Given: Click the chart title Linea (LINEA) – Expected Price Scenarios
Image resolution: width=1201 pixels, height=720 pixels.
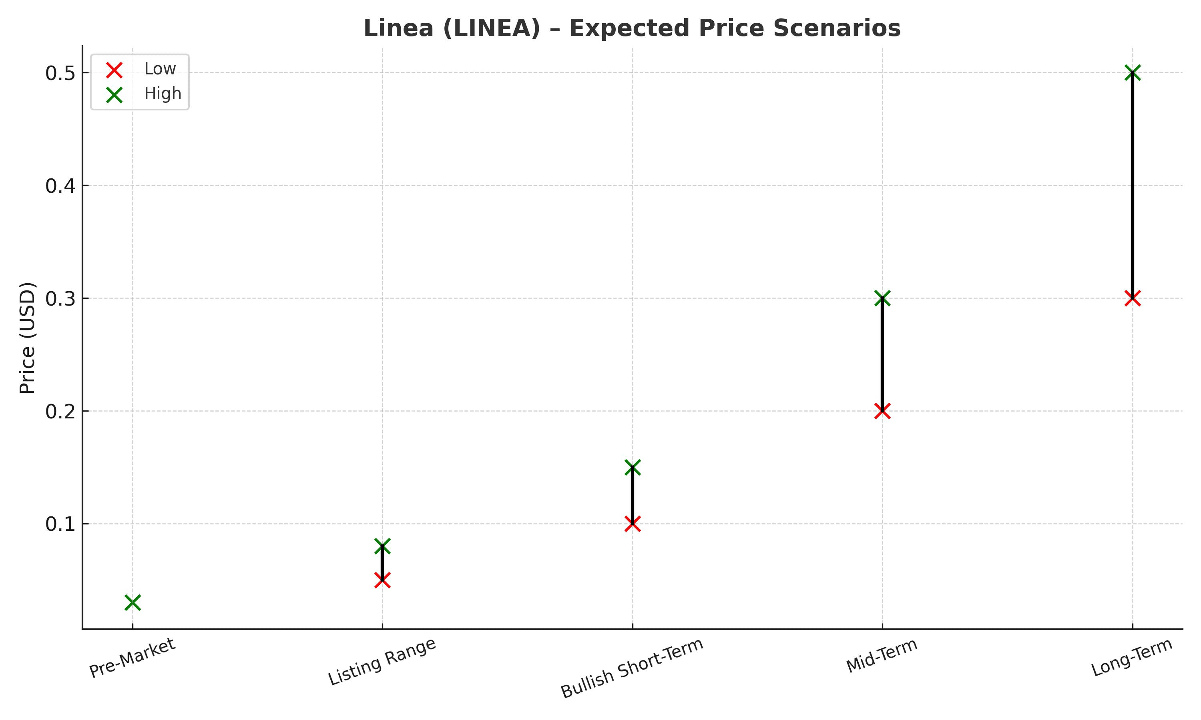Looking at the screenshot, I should pyautogui.click(x=632, y=28).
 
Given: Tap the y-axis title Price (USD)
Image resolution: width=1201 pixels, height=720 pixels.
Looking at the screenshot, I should pyautogui.click(x=28, y=338).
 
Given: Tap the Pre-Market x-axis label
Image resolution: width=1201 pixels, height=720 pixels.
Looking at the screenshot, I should pyautogui.click(x=132, y=658).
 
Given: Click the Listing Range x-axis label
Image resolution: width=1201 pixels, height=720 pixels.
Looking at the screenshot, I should pyautogui.click(x=382, y=662).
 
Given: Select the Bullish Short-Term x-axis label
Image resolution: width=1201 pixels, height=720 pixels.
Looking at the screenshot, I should pyautogui.click(x=632, y=668).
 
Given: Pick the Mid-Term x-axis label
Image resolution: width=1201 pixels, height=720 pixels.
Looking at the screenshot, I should pyautogui.click(x=882, y=656).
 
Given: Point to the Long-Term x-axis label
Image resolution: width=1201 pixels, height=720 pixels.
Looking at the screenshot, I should pyautogui.click(x=1132, y=658).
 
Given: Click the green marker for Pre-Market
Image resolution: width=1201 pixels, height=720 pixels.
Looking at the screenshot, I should pyautogui.click(x=133, y=602).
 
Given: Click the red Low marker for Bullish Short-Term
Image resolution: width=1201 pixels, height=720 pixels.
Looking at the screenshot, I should pyautogui.click(x=633, y=524).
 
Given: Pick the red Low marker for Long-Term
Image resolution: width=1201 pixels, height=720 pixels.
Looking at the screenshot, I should pyautogui.click(x=1133, y=298).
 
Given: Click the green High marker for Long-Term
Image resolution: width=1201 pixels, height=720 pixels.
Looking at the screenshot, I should pyautogui.click(x=1133, y=73).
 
